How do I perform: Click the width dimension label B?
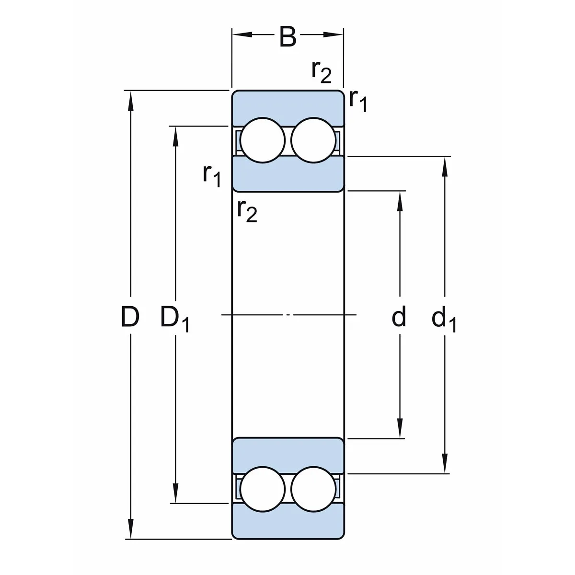click(287, 37)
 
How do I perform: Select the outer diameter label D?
click(130, 317)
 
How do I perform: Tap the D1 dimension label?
click(174, 319)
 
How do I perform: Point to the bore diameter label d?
click(399, 317)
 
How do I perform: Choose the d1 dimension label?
click(444, 319)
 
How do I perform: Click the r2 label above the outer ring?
click(321, 72)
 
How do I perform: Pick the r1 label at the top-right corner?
click(358, 100)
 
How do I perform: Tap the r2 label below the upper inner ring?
click(247, 210)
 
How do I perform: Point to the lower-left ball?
click(263, 489)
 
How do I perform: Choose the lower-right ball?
click(313, 489)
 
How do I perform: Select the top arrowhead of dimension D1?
click(176, 136)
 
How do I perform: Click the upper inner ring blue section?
click(287, 173)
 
